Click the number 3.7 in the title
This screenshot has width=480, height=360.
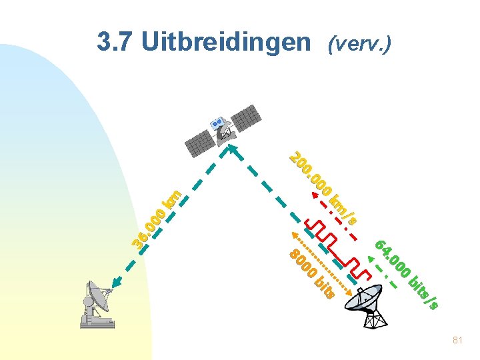pyautogui.click(x=115, y=42)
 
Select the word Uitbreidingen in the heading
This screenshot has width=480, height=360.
pyautogui.click(x=226, y=43)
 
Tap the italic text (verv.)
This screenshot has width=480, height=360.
pyautogui.click(x=359, y=44)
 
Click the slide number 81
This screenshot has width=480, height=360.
pyautogui.click(x=457, y=340)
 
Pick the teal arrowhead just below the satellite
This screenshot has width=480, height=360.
pyautogui.click(x=233, y=147)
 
